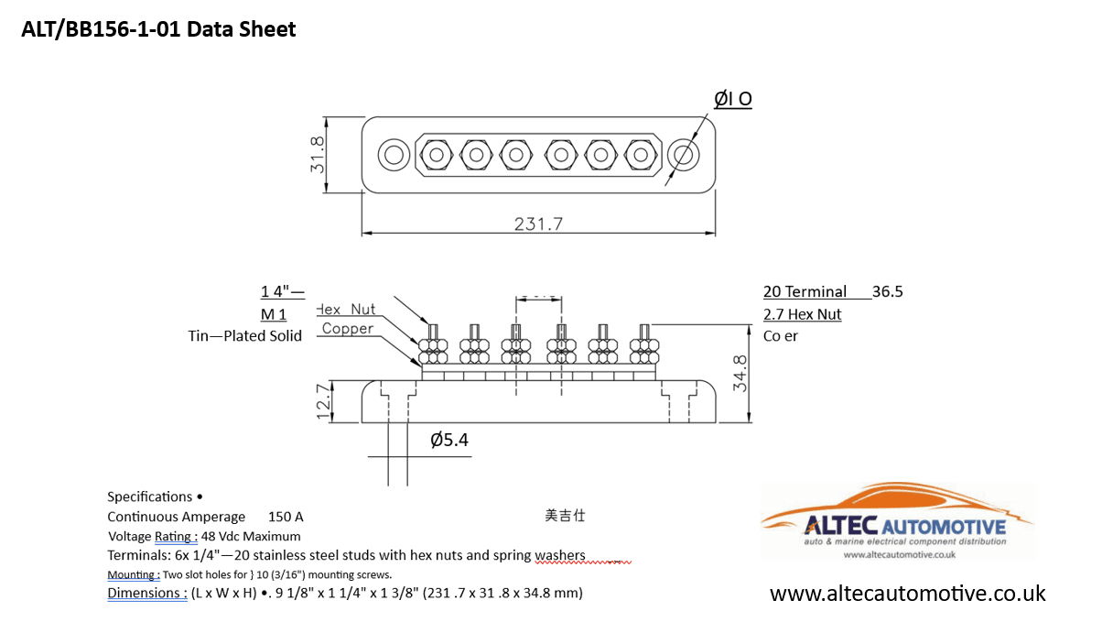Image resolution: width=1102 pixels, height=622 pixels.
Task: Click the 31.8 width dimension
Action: [x=317, y=155]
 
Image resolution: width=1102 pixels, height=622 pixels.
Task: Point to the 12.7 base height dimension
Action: [x=323, y=401]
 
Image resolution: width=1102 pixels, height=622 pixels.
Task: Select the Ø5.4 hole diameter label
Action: [x=449, y=441]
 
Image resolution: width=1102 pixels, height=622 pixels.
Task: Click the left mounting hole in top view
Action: [x=394, y=154]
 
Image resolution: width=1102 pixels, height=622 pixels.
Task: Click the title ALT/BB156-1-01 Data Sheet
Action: [x=158, y=29]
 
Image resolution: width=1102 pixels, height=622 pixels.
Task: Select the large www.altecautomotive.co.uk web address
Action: [x=907, y=594]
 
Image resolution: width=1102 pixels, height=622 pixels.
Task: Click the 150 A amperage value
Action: [x=286, y=517]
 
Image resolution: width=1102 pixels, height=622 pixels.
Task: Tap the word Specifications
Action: [x=149, y=497]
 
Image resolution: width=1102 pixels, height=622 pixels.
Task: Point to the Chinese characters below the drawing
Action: [x=565, y=516]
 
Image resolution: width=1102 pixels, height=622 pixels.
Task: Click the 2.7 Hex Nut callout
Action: [x=802, y=314]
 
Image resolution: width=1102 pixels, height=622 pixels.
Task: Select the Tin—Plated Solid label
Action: [x=244, y=335]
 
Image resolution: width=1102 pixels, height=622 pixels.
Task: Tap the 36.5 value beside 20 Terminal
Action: [x=887, y=291]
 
